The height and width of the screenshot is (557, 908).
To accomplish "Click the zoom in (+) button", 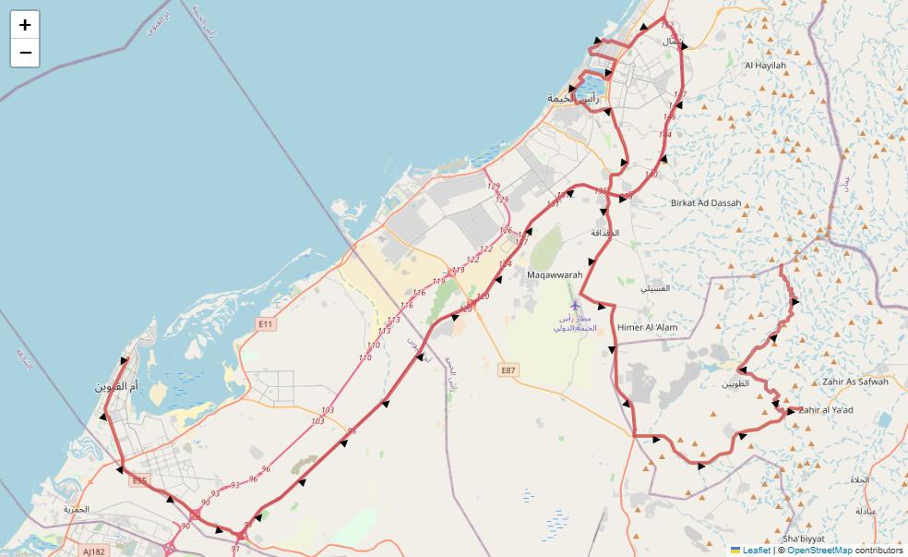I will tap(25, 25).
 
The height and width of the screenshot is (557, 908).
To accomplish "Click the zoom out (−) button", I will tap(25, 53).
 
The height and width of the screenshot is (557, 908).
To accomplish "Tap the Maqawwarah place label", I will tap(555, 274).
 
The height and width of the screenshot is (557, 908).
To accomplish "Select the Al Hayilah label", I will tap(765, 66).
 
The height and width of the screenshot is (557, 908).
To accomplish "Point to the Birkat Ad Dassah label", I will tap(706, 202).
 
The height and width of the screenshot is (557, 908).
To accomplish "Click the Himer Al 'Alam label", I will tap(647, 327).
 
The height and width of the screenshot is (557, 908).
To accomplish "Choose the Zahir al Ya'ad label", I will tap(826, 410).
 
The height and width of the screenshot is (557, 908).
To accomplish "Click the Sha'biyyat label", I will tap(802, 539).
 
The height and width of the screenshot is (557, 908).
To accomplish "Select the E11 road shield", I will tap(266, 324).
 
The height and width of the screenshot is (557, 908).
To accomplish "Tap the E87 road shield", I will tap(508, 369).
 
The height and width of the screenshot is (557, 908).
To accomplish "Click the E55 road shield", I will tap(139, 480).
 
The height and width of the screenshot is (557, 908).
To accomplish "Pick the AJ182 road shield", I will tap(94, 551).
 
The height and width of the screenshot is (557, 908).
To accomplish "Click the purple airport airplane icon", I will tap(576, 305).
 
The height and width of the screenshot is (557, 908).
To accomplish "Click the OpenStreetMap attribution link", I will tap(819, 550).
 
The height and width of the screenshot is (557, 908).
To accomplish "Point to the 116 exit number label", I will tap(419, 293).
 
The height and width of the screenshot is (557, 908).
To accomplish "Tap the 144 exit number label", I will tap(664, 135).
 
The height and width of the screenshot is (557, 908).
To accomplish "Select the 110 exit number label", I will tap(374, 345).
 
